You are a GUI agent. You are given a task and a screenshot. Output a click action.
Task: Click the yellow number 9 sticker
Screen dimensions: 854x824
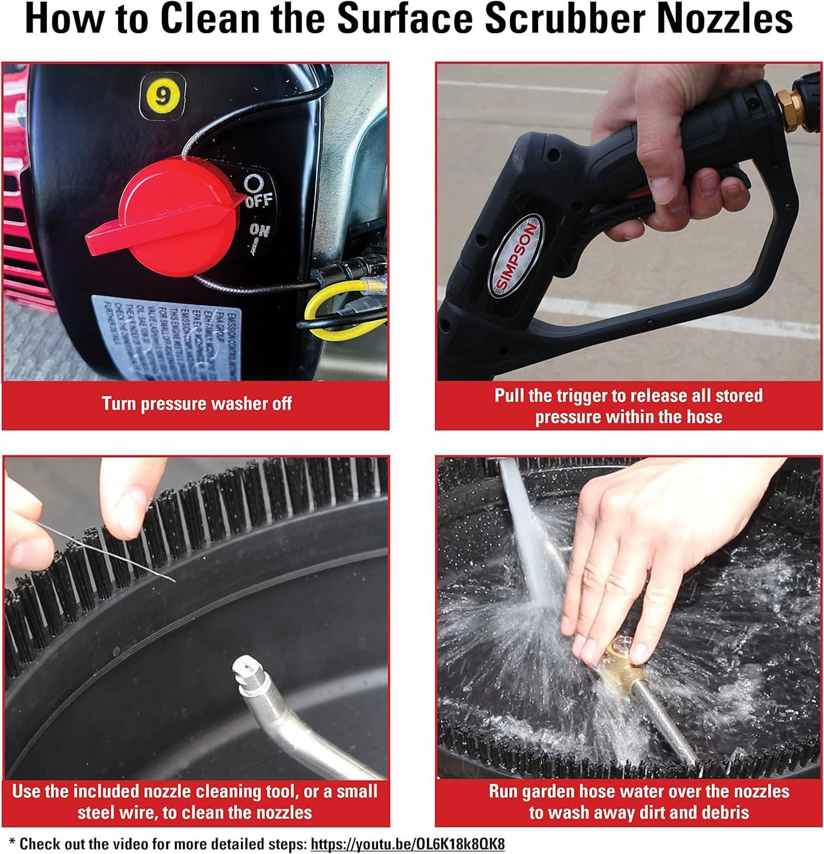(x=162, y=96)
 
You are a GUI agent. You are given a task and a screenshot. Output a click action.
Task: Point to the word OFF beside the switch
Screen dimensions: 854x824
(x=259, y=200)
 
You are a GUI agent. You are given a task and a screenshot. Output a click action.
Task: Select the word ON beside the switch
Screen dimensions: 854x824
(x=259, y=231)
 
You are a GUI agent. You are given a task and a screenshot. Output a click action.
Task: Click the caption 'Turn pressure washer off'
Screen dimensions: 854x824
(x=196, y=404)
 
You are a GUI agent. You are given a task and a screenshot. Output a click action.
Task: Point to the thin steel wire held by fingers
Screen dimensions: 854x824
(x=114, y=552)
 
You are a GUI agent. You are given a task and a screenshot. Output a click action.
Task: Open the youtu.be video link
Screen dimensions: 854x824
(x=407, y=844)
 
